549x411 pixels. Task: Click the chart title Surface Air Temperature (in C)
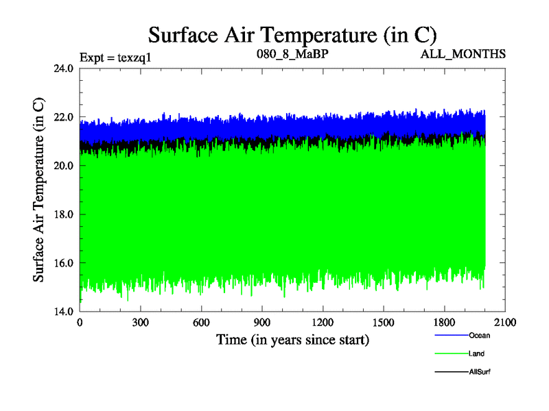point(293,34)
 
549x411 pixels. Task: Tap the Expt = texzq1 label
point(115,57)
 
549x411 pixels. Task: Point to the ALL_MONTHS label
point(463,53)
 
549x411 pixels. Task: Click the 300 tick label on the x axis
point(141,323)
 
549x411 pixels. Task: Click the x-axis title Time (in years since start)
point(292,340)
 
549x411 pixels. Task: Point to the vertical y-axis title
point(40,190)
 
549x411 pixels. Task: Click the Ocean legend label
point(479,336)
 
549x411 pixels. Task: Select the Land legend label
point(476,353)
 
